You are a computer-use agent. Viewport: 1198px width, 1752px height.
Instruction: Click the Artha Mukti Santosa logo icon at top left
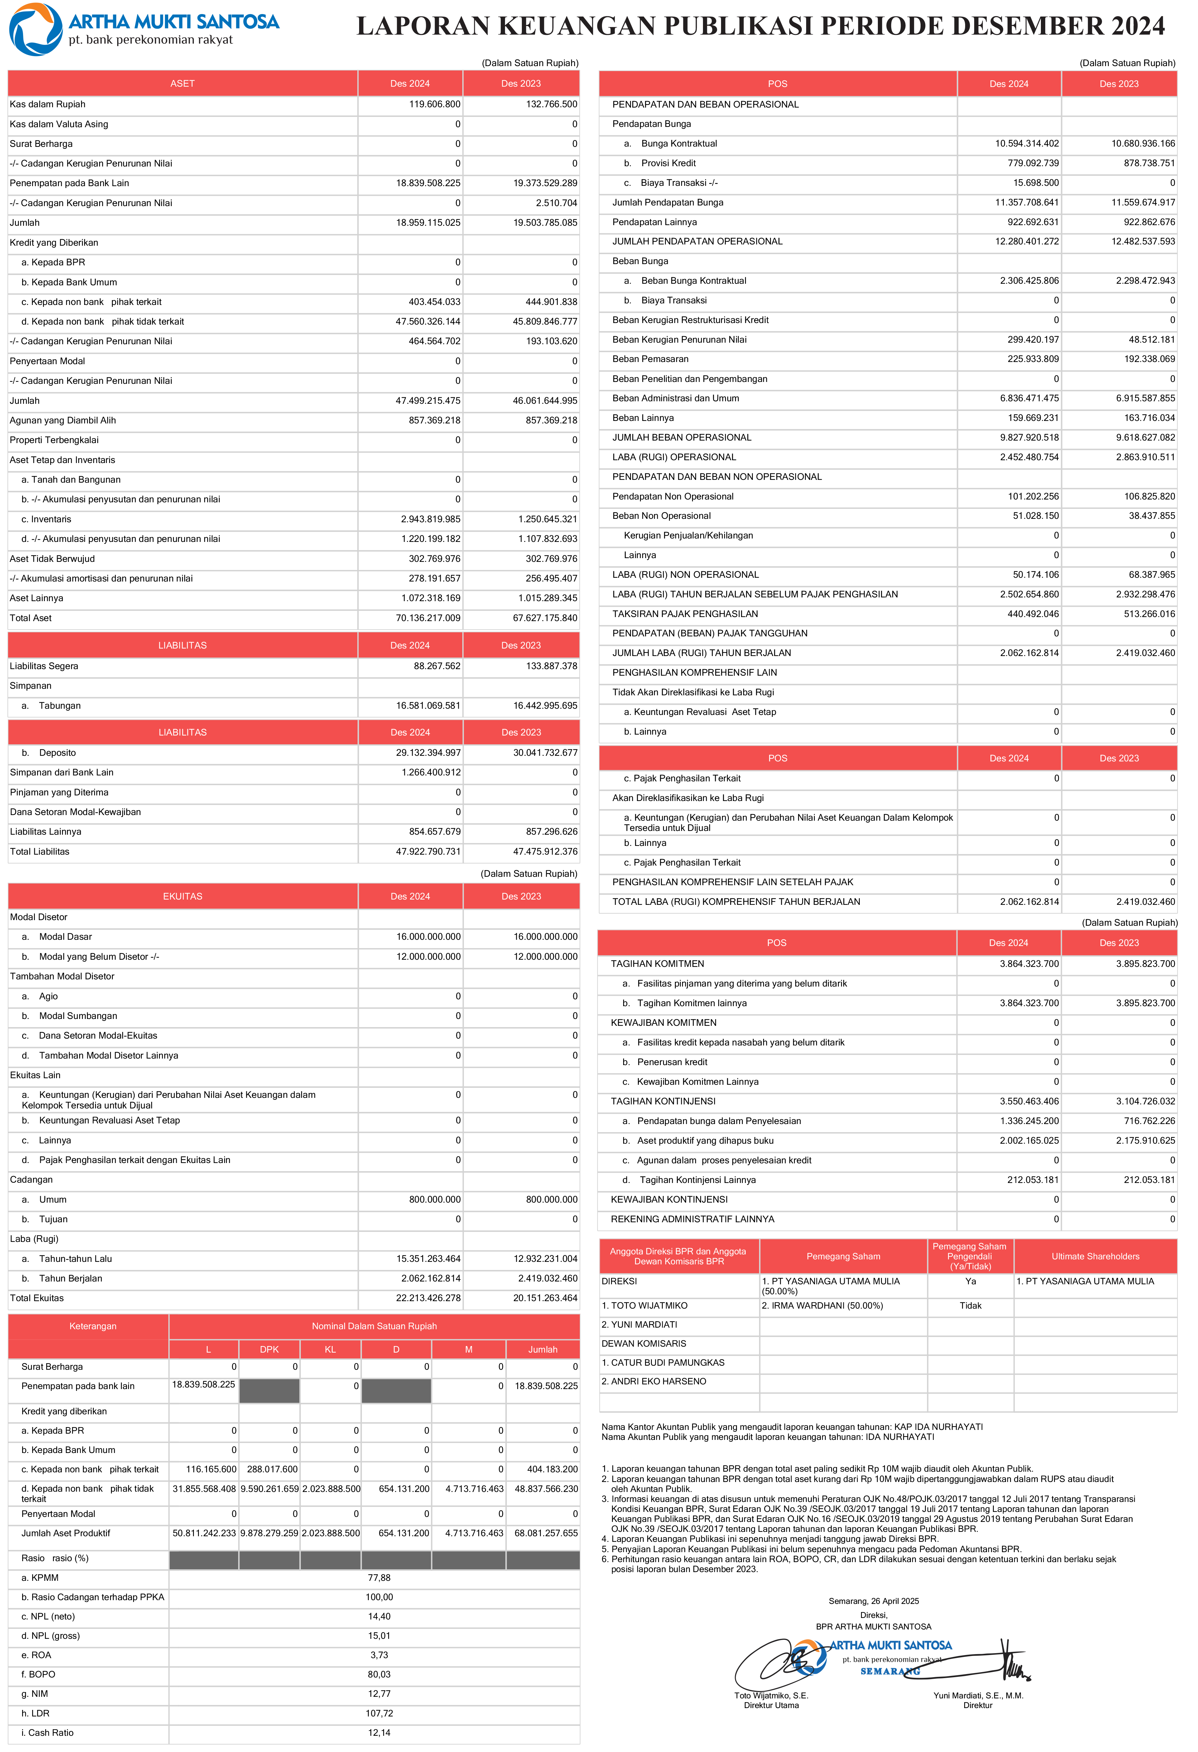(36, 29)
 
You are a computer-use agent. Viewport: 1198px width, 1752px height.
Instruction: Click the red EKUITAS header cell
(182, 896)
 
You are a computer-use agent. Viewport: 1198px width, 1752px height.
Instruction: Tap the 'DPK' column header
(269, 1349)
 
